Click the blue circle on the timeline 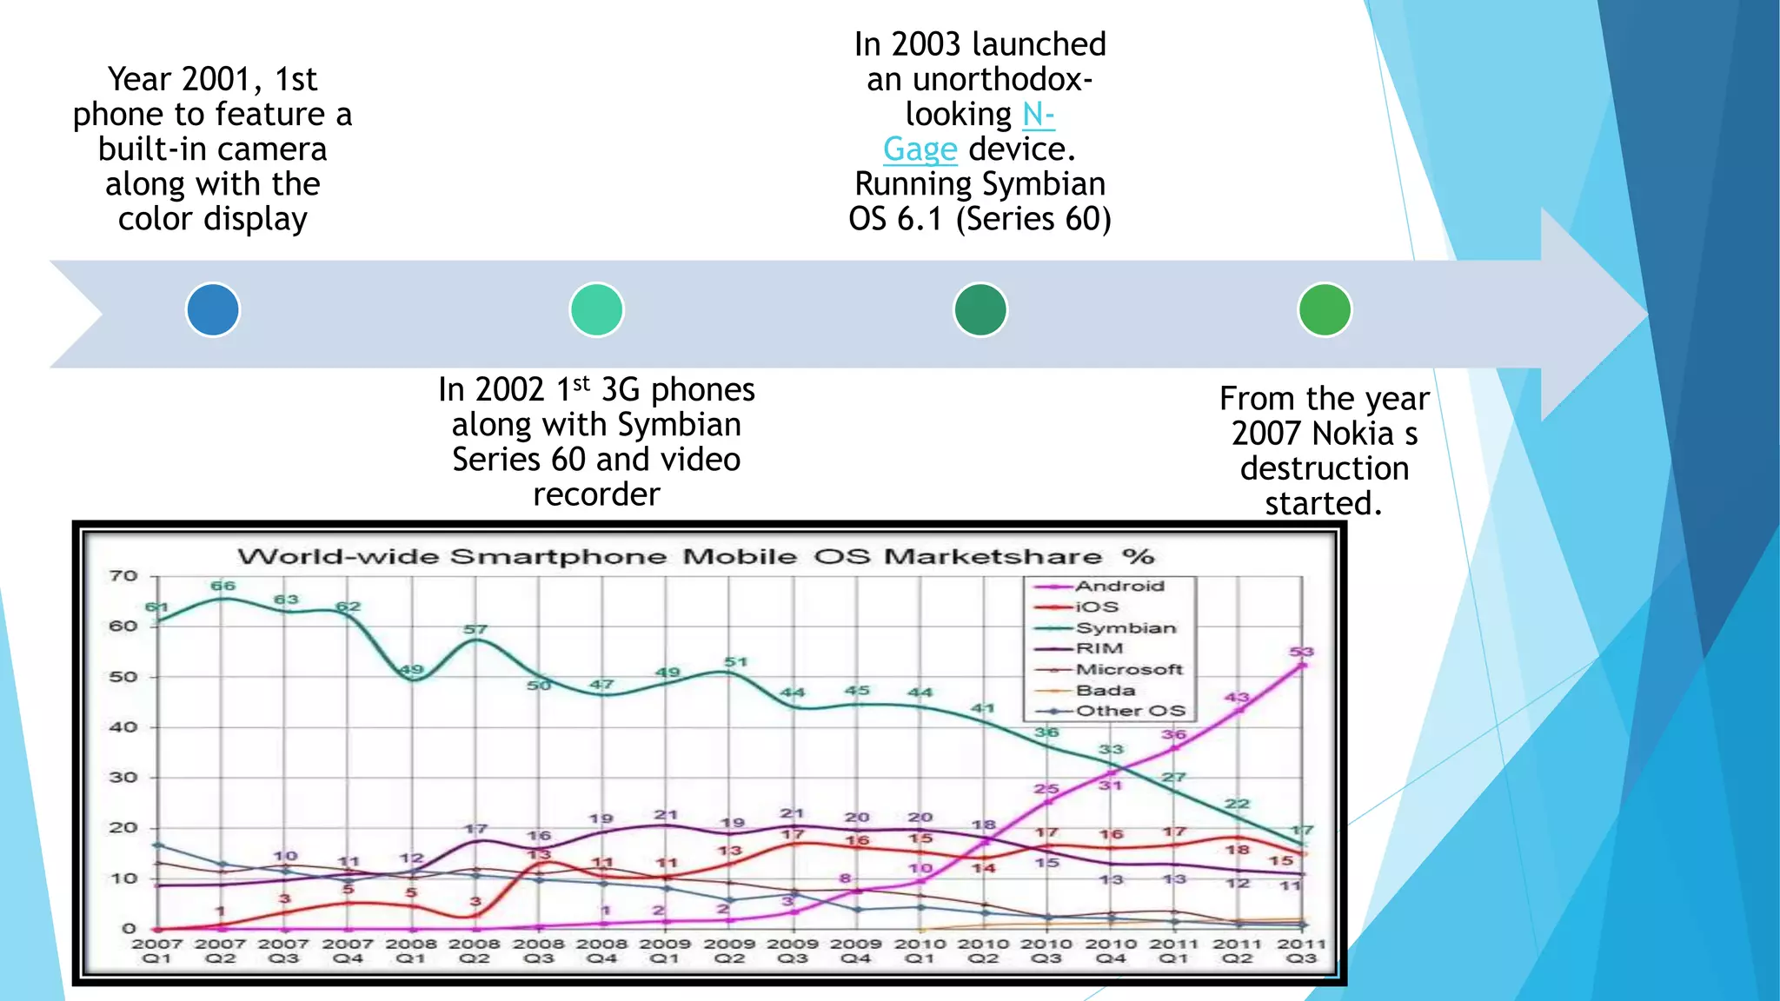point(213,310)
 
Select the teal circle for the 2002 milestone point(596,310)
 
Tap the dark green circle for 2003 point(980,310)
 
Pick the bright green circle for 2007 point(1325,310)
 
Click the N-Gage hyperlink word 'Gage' point(920,149)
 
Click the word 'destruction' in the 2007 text point(1324,468)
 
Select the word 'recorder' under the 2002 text point(596,494)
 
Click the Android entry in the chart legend point(1119,587)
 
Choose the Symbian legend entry point(1126,628)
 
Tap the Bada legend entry point(1106,691)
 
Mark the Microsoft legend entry point(1129,670)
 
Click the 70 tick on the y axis point(123,576)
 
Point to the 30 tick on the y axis point(123,778)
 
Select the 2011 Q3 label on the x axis point(1300,951)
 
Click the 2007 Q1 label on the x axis point(157,951)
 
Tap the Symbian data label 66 point(223,586)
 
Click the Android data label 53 point(1301,652)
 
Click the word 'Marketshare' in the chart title point(993,557)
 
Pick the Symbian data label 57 point(475,629)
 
